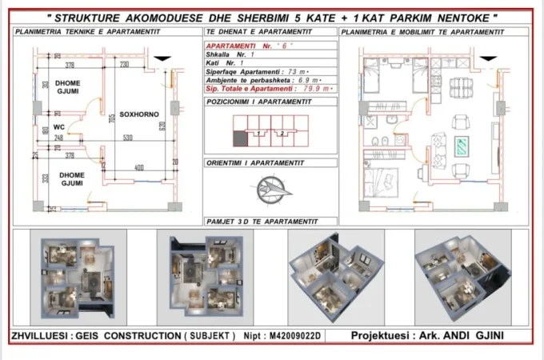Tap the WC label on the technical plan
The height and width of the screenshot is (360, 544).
click(x=59, y=126)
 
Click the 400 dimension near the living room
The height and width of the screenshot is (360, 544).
click(x=138, y=167)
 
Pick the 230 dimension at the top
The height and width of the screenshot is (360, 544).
click(x=125, y=64)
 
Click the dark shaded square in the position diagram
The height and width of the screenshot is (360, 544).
click(x=238, y=138)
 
